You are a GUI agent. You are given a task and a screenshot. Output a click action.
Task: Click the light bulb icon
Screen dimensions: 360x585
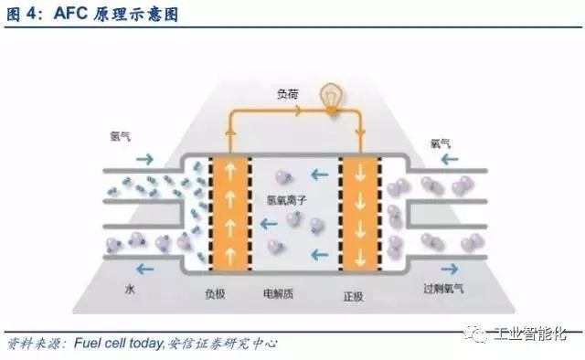pos(329,95)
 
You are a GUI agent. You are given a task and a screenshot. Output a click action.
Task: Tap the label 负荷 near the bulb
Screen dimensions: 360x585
pos(289,93)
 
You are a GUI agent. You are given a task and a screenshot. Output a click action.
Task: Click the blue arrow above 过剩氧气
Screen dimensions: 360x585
pos(450,270)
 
